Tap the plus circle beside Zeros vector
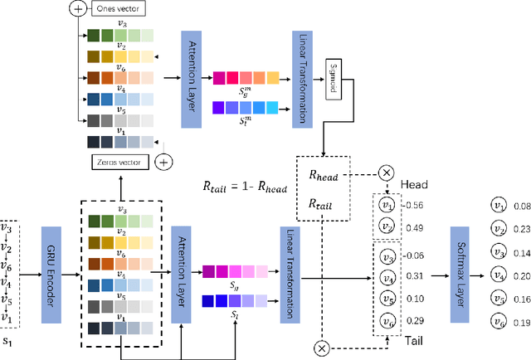point(164,160)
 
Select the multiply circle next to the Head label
point(387,173)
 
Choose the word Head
point(414,186)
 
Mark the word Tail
point(416,340)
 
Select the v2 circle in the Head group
point(386,227)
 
